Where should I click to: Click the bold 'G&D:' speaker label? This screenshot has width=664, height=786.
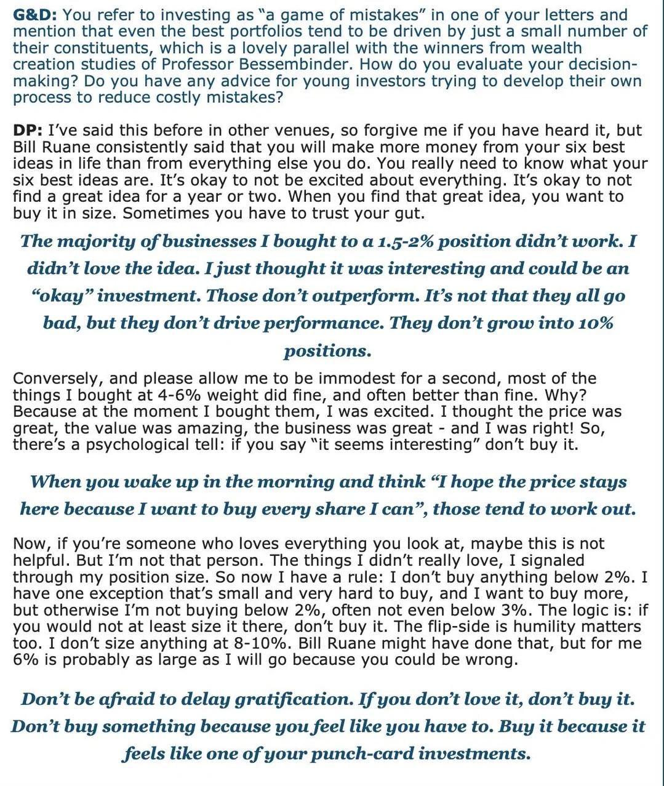(34, 15)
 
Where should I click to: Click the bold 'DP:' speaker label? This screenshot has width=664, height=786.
(28, 130)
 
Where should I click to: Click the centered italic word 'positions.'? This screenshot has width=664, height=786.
(327, 351)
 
